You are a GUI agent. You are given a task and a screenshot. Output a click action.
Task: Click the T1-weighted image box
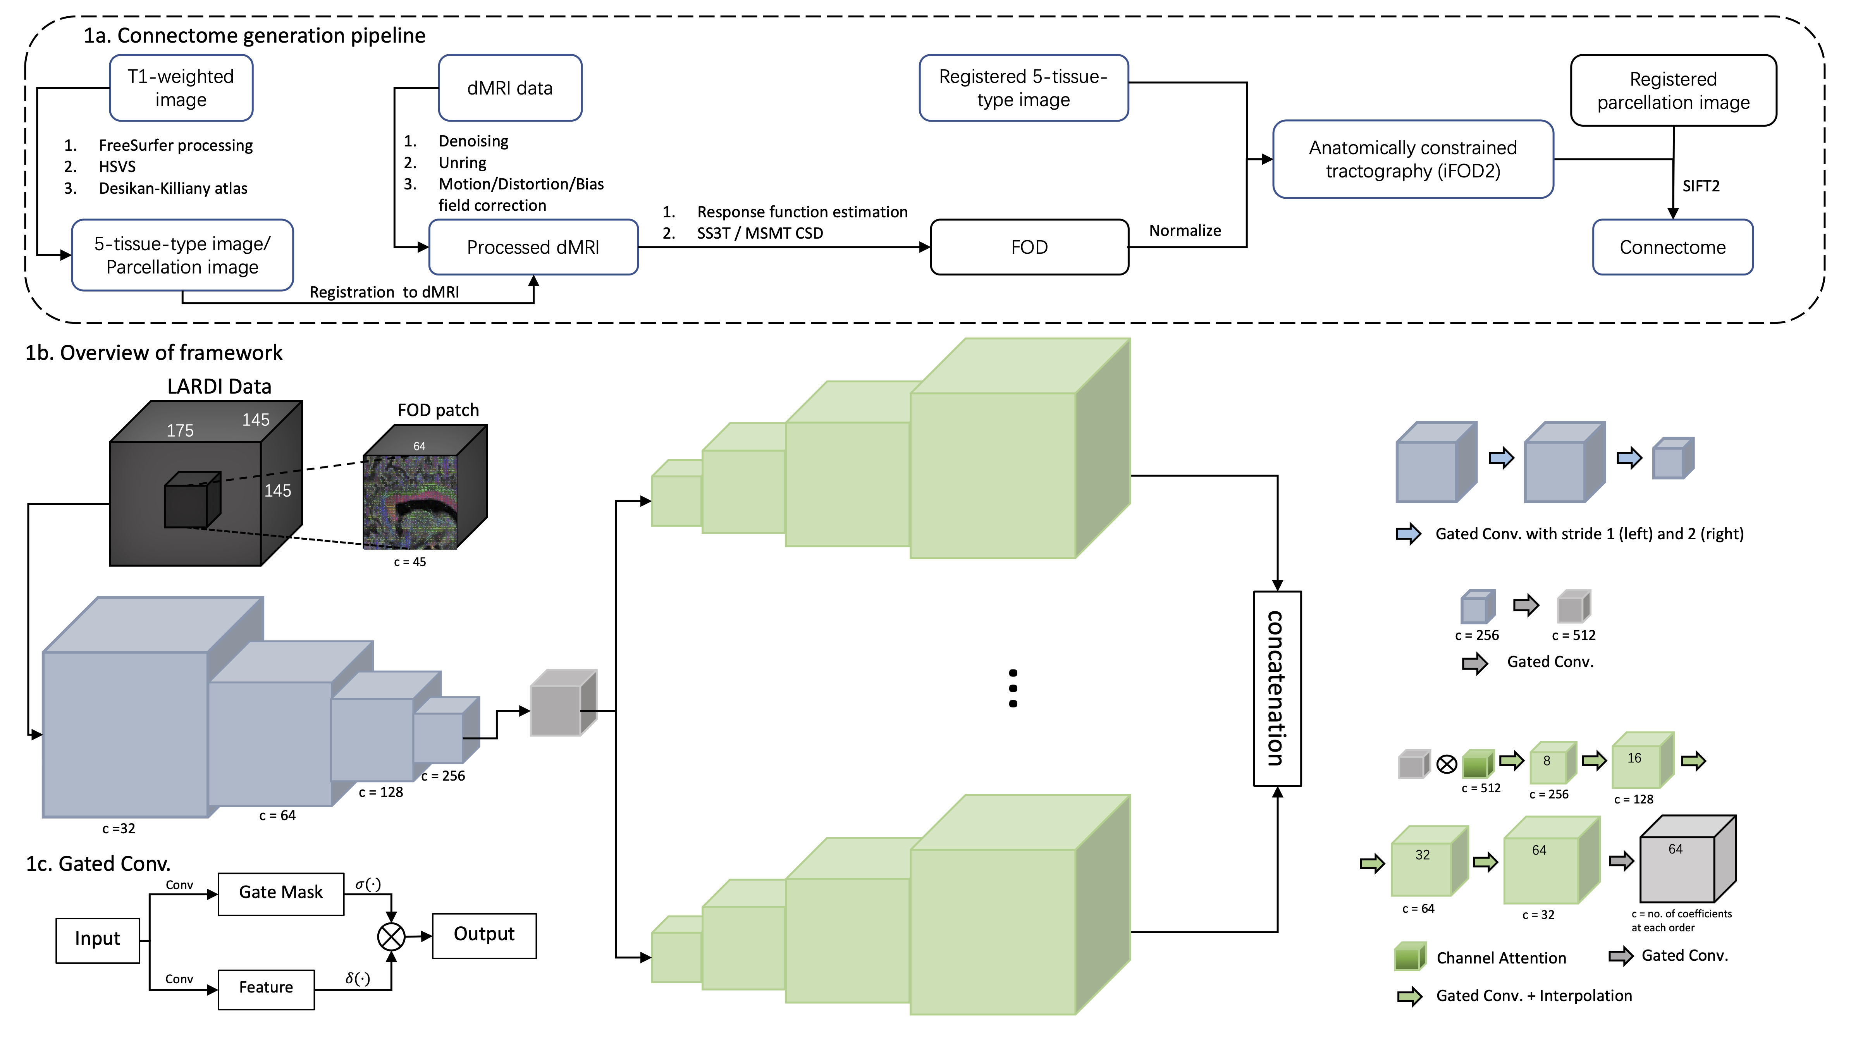[181, 88]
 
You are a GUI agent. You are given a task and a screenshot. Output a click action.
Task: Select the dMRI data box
[510, 88]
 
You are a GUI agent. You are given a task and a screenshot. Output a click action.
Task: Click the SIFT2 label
[1701, 186]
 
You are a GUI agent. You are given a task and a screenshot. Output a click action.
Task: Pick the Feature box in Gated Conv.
[266, 988]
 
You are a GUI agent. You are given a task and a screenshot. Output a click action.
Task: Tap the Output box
[484, 935]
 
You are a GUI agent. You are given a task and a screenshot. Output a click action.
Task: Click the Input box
[97, 939]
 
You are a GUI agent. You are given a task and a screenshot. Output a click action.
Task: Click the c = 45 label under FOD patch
[410, 562]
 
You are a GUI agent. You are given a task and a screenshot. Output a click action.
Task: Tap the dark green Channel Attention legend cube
[1409, 957]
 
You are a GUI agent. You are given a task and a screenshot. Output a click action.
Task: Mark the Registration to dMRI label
[384, 292]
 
